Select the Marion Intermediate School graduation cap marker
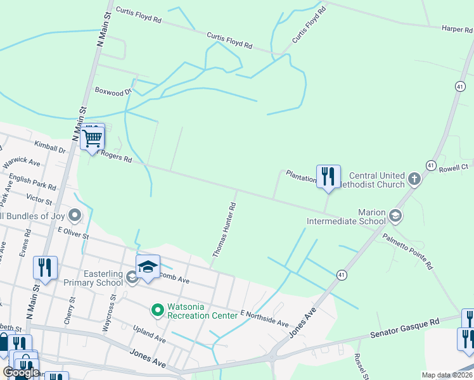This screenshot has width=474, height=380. click(395, 216)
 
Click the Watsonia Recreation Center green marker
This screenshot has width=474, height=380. click(157, 310)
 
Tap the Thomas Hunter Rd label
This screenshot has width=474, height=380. click(224, 229)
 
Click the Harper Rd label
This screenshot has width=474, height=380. click(458, 28)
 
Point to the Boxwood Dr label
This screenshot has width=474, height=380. click(113, 91)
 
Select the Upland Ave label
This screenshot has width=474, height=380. click(149, 334)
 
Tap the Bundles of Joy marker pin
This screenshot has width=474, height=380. click(75, 217)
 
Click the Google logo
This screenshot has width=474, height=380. click(21, 372)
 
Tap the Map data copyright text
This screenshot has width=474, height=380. click(447, 375)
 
